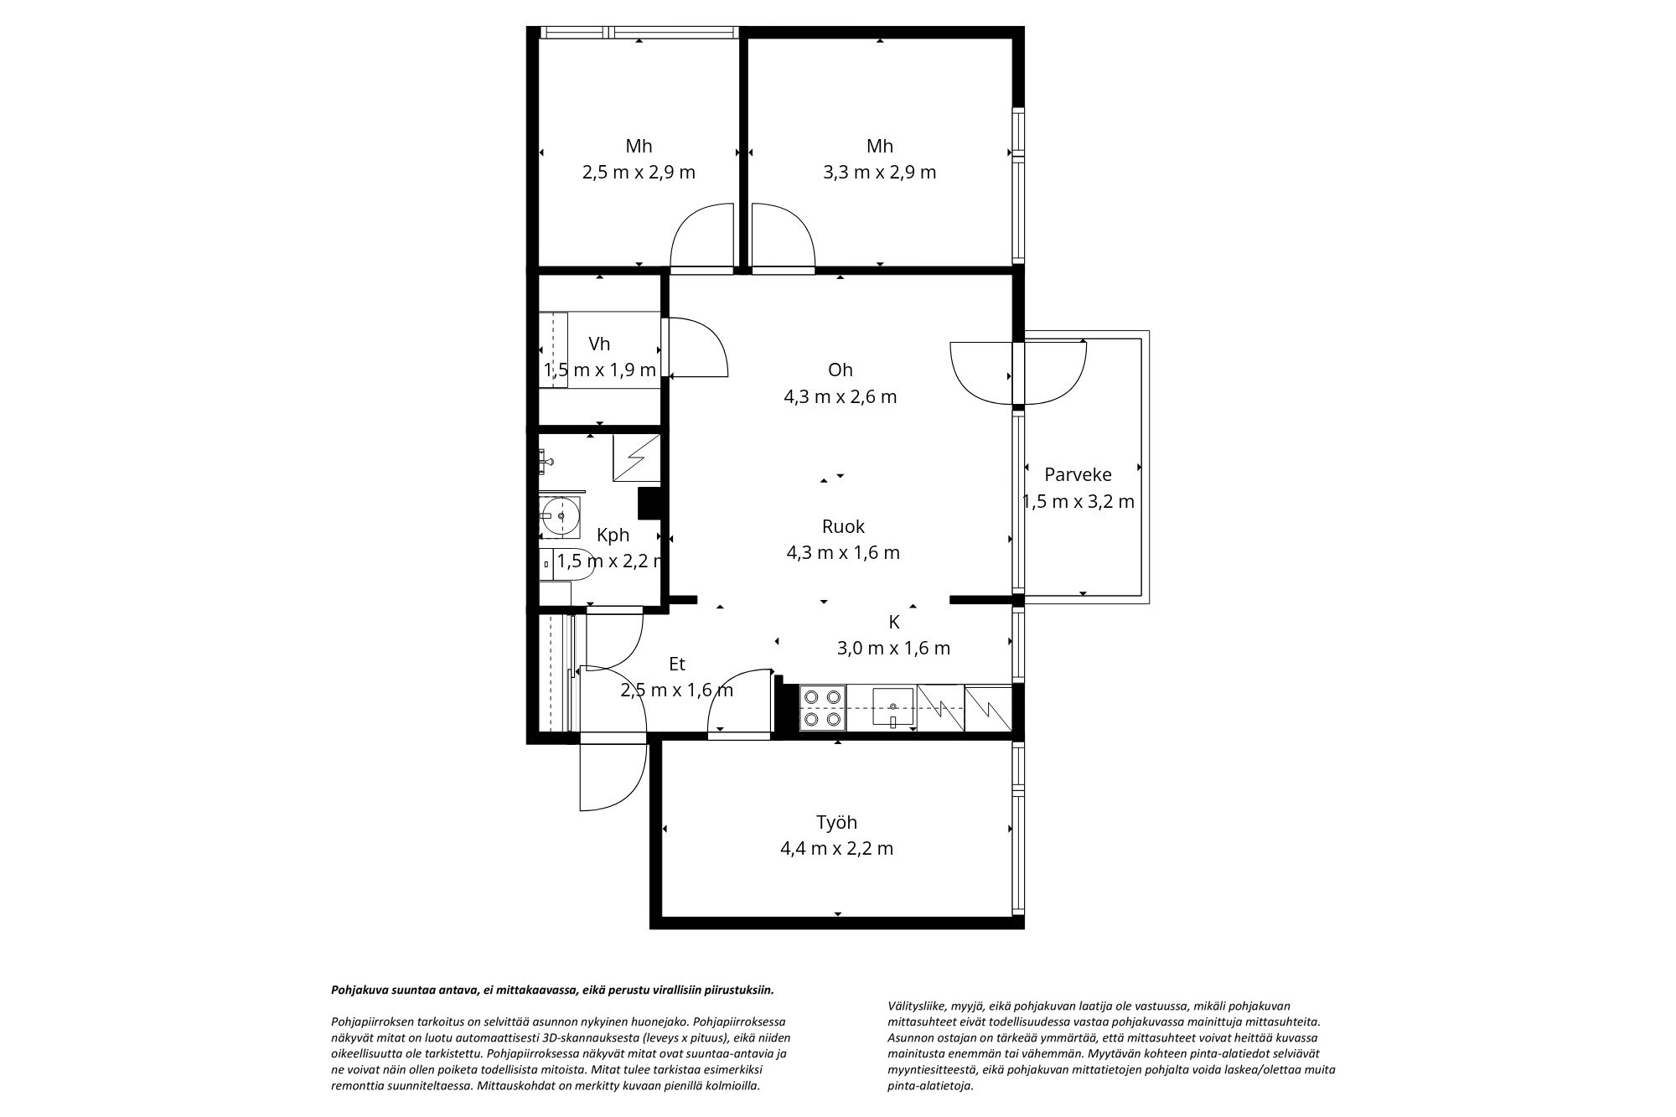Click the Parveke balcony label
(x=1078, y=475)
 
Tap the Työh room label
(x=836, y=822)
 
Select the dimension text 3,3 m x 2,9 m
(x=879, y=173)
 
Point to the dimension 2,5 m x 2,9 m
(x=639, y=173)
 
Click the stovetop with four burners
(x=822, y=707)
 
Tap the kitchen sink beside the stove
(x=893, y=708)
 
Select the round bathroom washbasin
(x=559, y=516)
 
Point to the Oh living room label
(x=840, y=370)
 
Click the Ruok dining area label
(x=843, y=526)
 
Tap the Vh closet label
(x=599, y=344)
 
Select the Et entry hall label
(x=677, y=664)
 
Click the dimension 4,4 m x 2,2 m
(x=836, y=849)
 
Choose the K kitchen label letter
(x=894, y=622)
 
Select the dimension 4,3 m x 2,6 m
(x=840, y=396)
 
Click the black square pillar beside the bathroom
(x=650, y=504)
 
